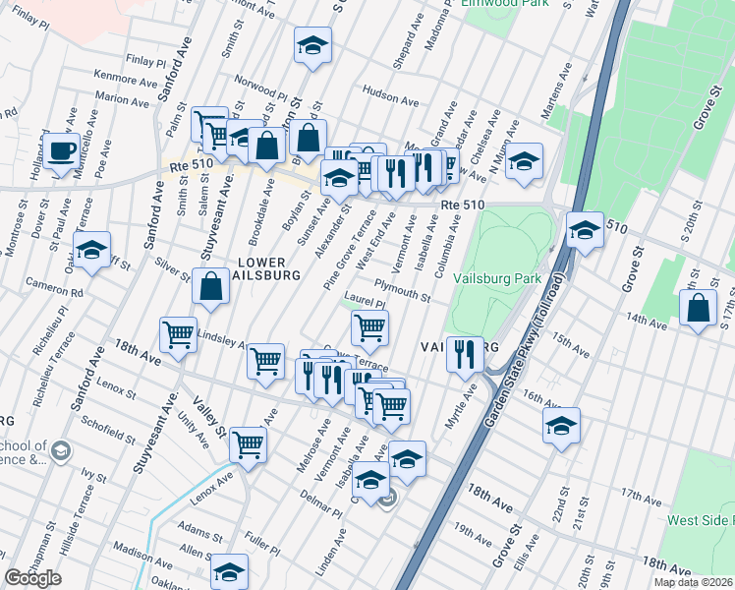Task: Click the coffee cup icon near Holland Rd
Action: click(x=62, y=151)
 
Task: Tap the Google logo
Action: click(x=32, y=578)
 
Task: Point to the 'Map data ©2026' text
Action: click(x=694, y=582)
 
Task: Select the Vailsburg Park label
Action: click(x=498, y=278)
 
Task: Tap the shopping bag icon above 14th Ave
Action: click(x=698, y=308)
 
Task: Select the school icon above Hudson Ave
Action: click(x=312, y=45)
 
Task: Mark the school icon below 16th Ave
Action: click(x=561, y=425)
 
